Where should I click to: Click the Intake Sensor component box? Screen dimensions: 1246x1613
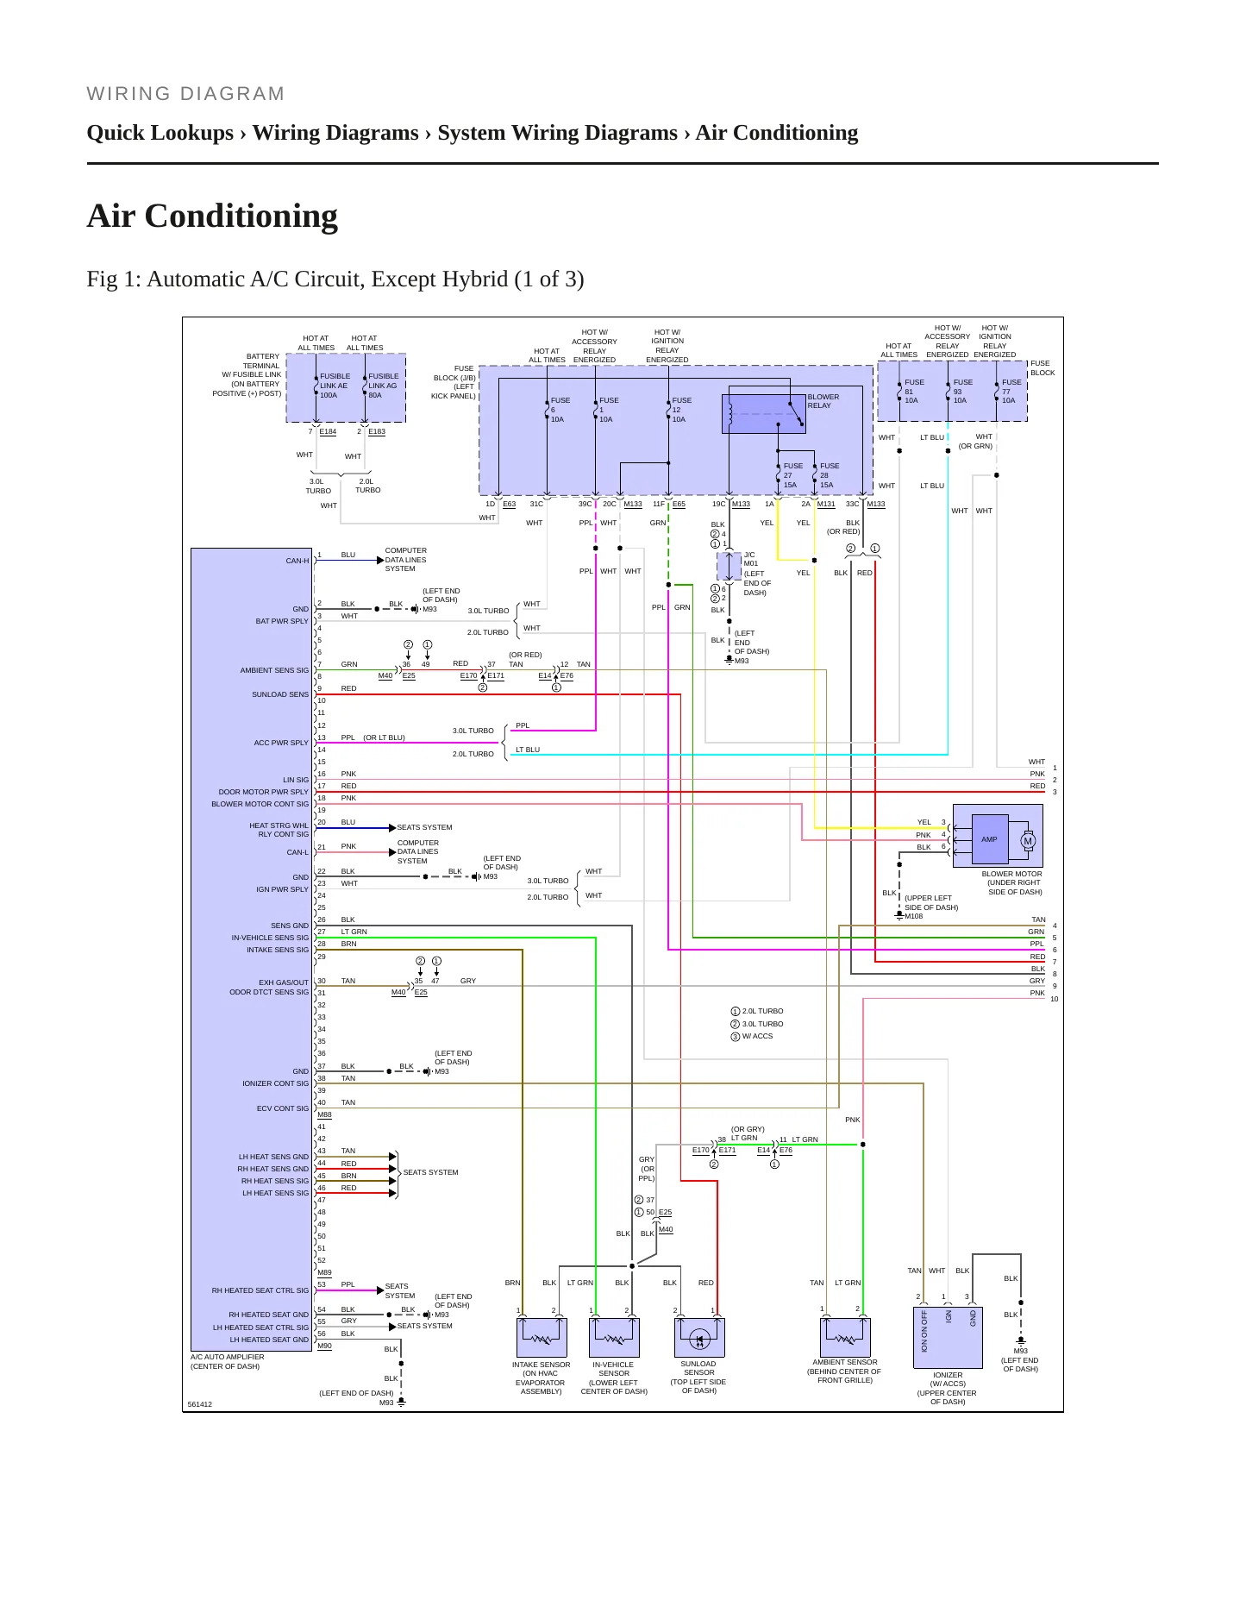tap(542, 1337)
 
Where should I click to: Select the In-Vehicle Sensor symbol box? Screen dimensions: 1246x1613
tap(614, 1337)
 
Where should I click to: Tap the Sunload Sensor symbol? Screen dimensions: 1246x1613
tap(699, 1337)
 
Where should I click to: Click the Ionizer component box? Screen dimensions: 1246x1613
tap(948, 1338)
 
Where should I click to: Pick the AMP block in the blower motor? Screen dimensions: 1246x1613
tap(989, 839)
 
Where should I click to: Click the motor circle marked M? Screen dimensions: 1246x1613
tap(1028, 841)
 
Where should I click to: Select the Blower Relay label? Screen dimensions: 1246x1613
tap(823, 401)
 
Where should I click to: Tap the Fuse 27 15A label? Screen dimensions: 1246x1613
tap(792, 475)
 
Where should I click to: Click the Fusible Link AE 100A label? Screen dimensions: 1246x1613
tap(335, 386)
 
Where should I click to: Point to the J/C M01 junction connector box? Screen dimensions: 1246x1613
tap(729, 567)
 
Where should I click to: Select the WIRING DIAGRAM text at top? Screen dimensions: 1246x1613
tap(185, 94)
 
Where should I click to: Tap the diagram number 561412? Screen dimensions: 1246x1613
tap(200, 1404)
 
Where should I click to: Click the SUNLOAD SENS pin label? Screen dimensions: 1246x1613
tap(280, 694)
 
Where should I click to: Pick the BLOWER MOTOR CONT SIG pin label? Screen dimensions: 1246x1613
tap(260, 804)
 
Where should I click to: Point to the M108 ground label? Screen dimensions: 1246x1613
tap(913, 916)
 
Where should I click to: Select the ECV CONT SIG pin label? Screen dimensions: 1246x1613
tap(283, 1108)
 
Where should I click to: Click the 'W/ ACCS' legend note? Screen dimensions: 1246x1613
tap(757, 1036)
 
